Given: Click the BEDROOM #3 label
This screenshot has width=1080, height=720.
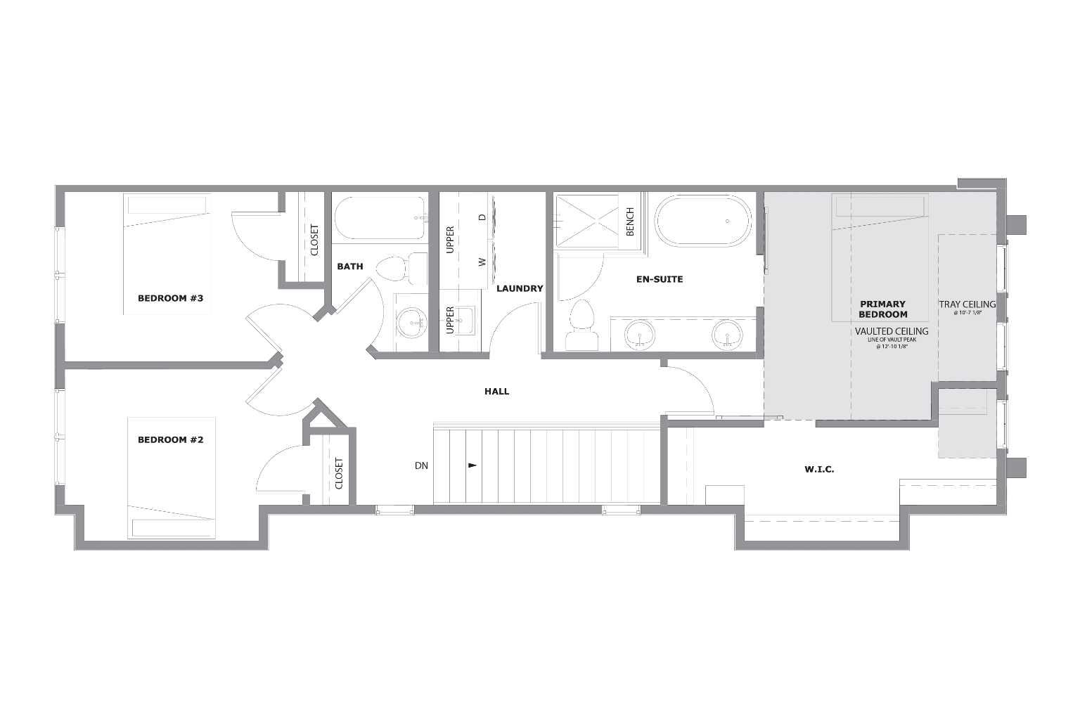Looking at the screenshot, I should coord(170,298).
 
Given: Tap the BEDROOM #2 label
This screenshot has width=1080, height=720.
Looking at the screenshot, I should coord(170,440).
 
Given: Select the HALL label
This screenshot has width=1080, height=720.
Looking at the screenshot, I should coord(496,392).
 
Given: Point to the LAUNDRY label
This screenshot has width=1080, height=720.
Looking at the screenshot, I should coord(520,288).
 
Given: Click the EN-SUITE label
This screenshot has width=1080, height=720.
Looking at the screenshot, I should coord(660,279).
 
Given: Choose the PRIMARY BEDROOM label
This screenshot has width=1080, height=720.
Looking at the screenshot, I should coord(883,309).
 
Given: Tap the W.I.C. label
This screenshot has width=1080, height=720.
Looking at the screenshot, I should coord(819,469).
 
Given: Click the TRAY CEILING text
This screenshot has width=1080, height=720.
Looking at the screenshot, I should coord(967,304).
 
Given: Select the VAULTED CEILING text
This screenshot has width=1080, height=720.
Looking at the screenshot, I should coord(892,331).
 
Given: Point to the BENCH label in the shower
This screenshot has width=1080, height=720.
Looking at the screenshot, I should coord(630,221).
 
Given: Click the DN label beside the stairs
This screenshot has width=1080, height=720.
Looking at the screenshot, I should coord(421,465).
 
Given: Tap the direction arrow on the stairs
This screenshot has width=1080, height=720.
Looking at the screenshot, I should coord(472,465).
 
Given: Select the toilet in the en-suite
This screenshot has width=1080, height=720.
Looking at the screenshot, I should coord(581,327).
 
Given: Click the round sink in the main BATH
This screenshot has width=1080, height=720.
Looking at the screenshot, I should coord(411,323).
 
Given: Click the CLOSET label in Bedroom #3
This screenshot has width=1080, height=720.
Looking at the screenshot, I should coord(314,240).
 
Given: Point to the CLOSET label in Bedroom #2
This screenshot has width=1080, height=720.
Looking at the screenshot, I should coord(339,473).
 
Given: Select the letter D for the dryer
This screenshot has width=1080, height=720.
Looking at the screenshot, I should coord(482,217).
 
